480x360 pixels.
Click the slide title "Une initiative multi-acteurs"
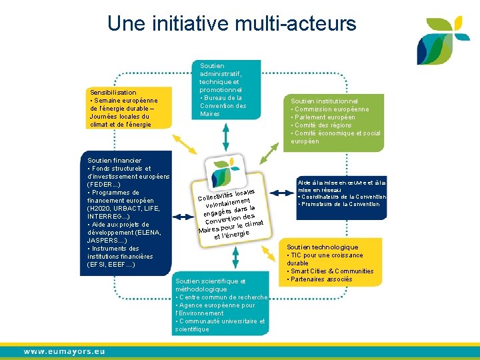point(231,24)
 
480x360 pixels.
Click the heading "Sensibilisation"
point(112,92)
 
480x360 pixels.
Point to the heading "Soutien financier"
point(115,161)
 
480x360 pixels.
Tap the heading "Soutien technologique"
point(322,247)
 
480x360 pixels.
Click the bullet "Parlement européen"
point(324,117)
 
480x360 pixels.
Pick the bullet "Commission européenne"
point(330,109)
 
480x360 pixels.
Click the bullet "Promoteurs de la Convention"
point(340,204)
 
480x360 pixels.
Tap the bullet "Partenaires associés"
point(321,279)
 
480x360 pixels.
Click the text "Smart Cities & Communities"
point(331,271)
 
